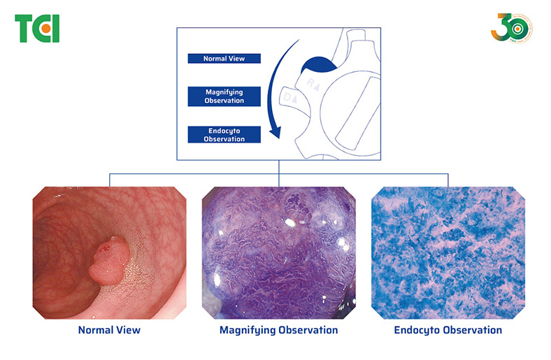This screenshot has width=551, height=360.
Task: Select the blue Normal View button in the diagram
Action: (224, 59)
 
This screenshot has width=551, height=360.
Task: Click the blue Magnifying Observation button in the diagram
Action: (224, 96)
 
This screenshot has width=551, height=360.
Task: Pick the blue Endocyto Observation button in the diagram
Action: (224, 134)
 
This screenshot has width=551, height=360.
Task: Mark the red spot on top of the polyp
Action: (108, 246)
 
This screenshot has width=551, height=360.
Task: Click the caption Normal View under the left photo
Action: (109, 329)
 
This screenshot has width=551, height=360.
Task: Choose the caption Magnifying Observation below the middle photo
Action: (278, 329)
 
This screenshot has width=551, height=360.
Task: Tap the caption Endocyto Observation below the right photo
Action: (448, 329)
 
